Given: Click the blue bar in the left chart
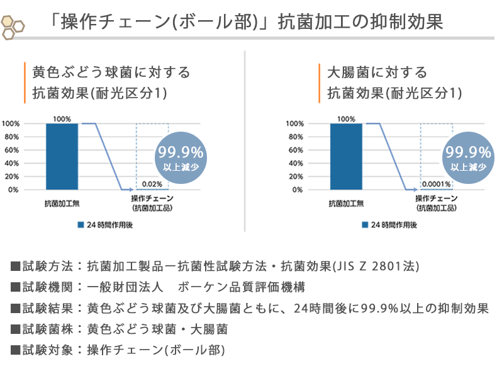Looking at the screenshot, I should (x=62, y=156).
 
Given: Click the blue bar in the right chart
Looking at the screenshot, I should (x=346, y=156).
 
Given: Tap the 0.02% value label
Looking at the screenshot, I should (x=152, y=184).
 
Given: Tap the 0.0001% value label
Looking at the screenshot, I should (x=436, y=184).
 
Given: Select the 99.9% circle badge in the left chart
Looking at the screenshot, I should (x=180, y=157).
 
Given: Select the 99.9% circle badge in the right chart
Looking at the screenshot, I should (x=467, y=157).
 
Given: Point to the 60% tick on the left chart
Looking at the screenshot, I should (x=13, y=150).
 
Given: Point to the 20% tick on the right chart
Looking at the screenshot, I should (x=296, y=176).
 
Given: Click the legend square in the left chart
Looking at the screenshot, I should (x=81, y=224).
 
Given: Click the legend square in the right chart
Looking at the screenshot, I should (x=365, y=224).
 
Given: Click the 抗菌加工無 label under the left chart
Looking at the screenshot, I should (x=62, y=203).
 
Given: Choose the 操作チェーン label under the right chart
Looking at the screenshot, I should (x=435, y=199).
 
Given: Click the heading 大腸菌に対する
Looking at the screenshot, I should (x=368, y=72).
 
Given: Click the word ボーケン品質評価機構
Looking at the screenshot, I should (x=242, y=287).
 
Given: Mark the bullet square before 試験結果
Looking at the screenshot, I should (x=15, y=309).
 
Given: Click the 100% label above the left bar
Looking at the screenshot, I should (x=62, y=118).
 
